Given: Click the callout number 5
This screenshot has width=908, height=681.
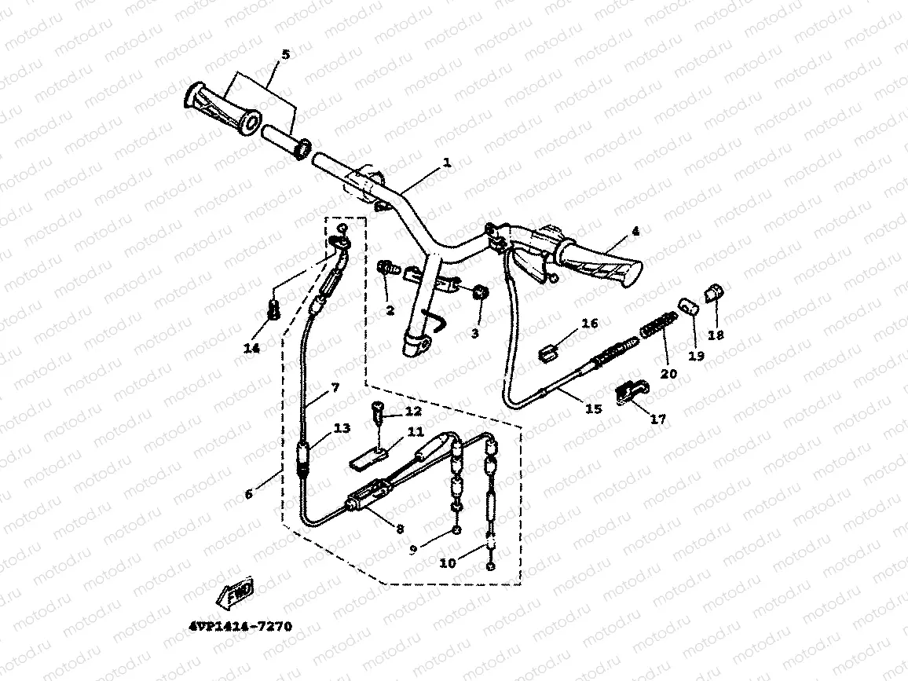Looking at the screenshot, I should click(x=285, y=54).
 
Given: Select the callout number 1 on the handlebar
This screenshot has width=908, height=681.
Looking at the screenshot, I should click(x=447, y=163).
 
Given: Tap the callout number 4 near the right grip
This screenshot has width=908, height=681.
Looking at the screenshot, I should click(x=635, y=232).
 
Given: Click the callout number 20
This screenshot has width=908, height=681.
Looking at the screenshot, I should click(x=668, y=373).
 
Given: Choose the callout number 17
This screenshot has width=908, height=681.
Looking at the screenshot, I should click(x=658, y=419).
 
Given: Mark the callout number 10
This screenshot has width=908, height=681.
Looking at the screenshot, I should click(x=447, y=563).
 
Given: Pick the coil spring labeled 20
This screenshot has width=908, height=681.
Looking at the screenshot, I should click(x=659, y=325).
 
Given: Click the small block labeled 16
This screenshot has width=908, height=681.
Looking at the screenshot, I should click(x=551, y=351).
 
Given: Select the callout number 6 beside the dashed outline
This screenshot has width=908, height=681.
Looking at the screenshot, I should click(x=249, y=494).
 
